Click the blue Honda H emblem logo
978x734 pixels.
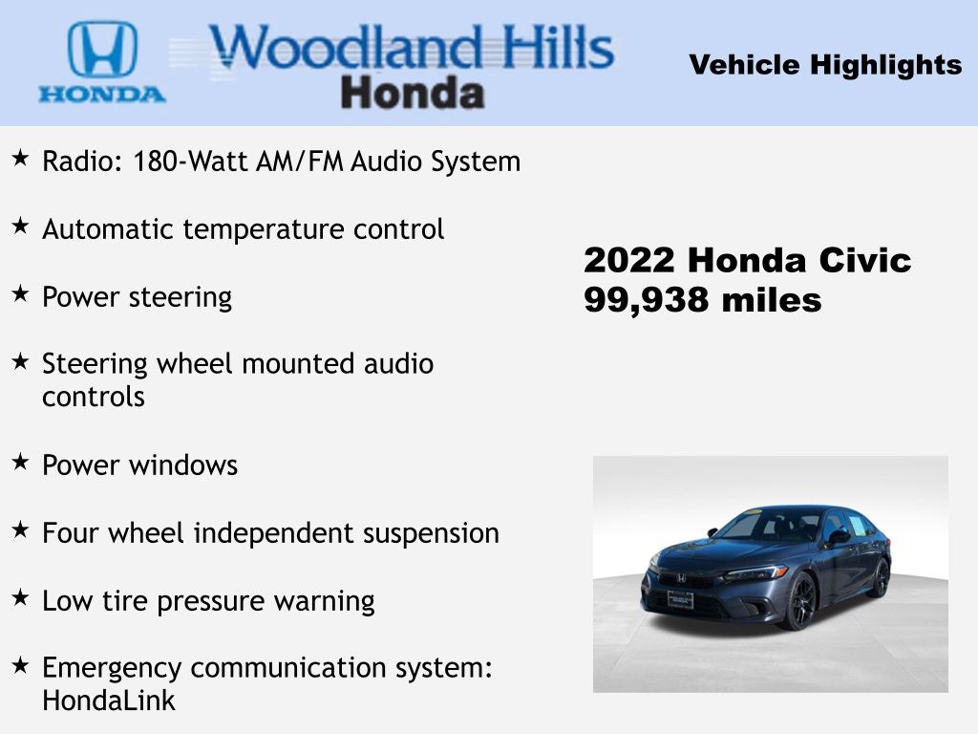pyautogui.click(x=102, y=50)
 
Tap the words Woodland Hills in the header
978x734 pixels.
pyautogui.click(x=412, y=47)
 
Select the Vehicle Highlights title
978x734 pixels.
pyautogui.click(x=825, y=64)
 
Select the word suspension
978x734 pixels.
pyautogui.click(x=431, y=533)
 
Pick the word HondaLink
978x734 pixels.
pyautogui.click(x=109, y=700)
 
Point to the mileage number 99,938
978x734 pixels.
pyautogui.click(x=647, y=301)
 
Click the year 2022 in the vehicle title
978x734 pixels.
pyautogui.click(x=629, y=260)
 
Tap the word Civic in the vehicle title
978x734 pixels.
pyautogui.click(x=864, y=260)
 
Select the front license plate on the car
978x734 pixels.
pyautogui.click(x=680, y=600)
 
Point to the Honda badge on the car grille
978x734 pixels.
pyautogui.click(x=681, y=578)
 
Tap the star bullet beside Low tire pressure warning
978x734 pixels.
pyautogui.click(x=20, y=597)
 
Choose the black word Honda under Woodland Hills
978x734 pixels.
pyautogui.click(x=413, y=93)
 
